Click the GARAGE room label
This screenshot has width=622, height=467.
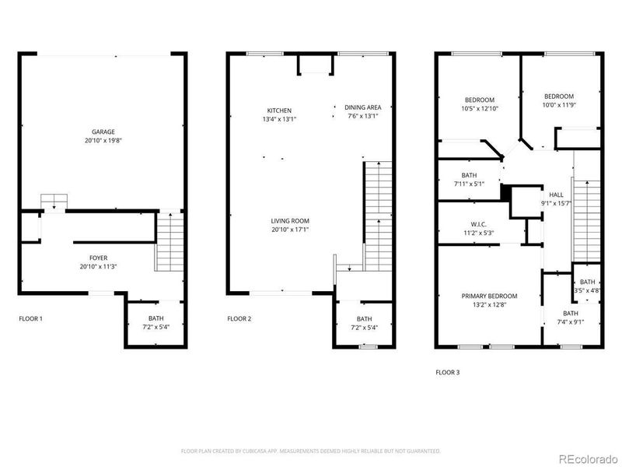tap(103, 132)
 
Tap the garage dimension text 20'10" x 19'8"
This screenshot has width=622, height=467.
tap(103, 140)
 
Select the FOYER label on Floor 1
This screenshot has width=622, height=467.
tap(99, 258)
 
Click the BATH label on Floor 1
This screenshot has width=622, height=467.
tap(155, 318)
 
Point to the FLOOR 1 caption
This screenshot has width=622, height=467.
tap(31, 318)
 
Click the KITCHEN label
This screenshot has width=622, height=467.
tap(279, 110)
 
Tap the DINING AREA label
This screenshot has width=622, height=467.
tap(363, 110)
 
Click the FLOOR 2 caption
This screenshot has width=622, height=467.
tap(239, 318)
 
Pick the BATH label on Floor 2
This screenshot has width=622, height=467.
tap(364, 318)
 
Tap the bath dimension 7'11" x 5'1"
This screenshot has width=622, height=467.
tap(469, 184)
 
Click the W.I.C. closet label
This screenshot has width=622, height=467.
tap(479, 224)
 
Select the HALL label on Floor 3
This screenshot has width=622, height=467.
tap(556, 195)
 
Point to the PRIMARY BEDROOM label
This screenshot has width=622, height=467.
tap(489, 296)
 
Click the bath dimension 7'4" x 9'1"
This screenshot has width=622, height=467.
tap(570, 321)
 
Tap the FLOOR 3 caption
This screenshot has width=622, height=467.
tap(447, 372)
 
